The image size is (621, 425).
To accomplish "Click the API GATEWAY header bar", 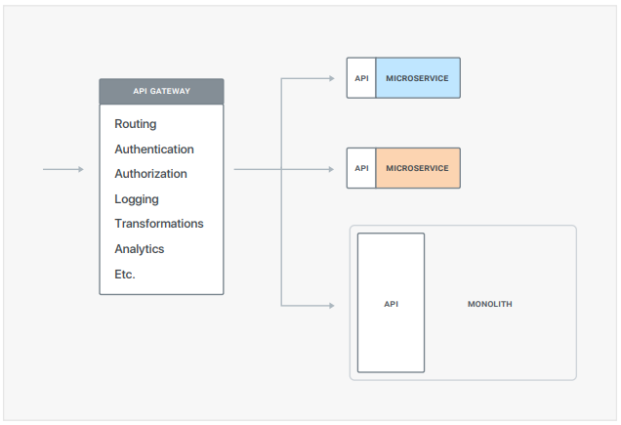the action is pos(161,91).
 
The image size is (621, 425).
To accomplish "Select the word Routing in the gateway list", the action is pos(136,124).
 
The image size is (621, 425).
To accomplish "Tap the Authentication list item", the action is pos(154,149).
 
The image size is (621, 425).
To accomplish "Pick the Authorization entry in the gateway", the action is pos(150,174).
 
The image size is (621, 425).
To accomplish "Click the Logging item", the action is pos(137,199).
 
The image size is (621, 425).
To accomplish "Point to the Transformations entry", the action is pos(159,224).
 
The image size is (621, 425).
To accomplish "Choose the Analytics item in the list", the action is pos(140,249).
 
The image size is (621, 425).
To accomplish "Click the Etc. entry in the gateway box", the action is pos(125,274).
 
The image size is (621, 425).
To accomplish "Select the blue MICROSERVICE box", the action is pos(418,78).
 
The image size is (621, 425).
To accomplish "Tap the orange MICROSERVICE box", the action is pos(418,168).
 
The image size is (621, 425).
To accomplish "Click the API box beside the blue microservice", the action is pos(361,78).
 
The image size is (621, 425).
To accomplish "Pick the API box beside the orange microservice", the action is pos(361,168).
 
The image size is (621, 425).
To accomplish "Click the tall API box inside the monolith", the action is pos(391,303).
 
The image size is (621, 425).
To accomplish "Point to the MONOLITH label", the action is pos(490,304).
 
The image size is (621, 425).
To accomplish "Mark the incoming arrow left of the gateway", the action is pos(63,169).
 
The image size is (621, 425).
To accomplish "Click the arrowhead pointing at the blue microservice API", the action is pos(332,78).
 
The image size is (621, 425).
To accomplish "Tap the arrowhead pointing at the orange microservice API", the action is pos(331,169).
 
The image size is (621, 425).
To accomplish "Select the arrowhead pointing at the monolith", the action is pos(332,306).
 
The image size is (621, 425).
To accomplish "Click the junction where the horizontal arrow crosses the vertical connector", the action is pos(281,169).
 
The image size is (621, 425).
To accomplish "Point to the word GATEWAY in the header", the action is pos(170,91).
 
